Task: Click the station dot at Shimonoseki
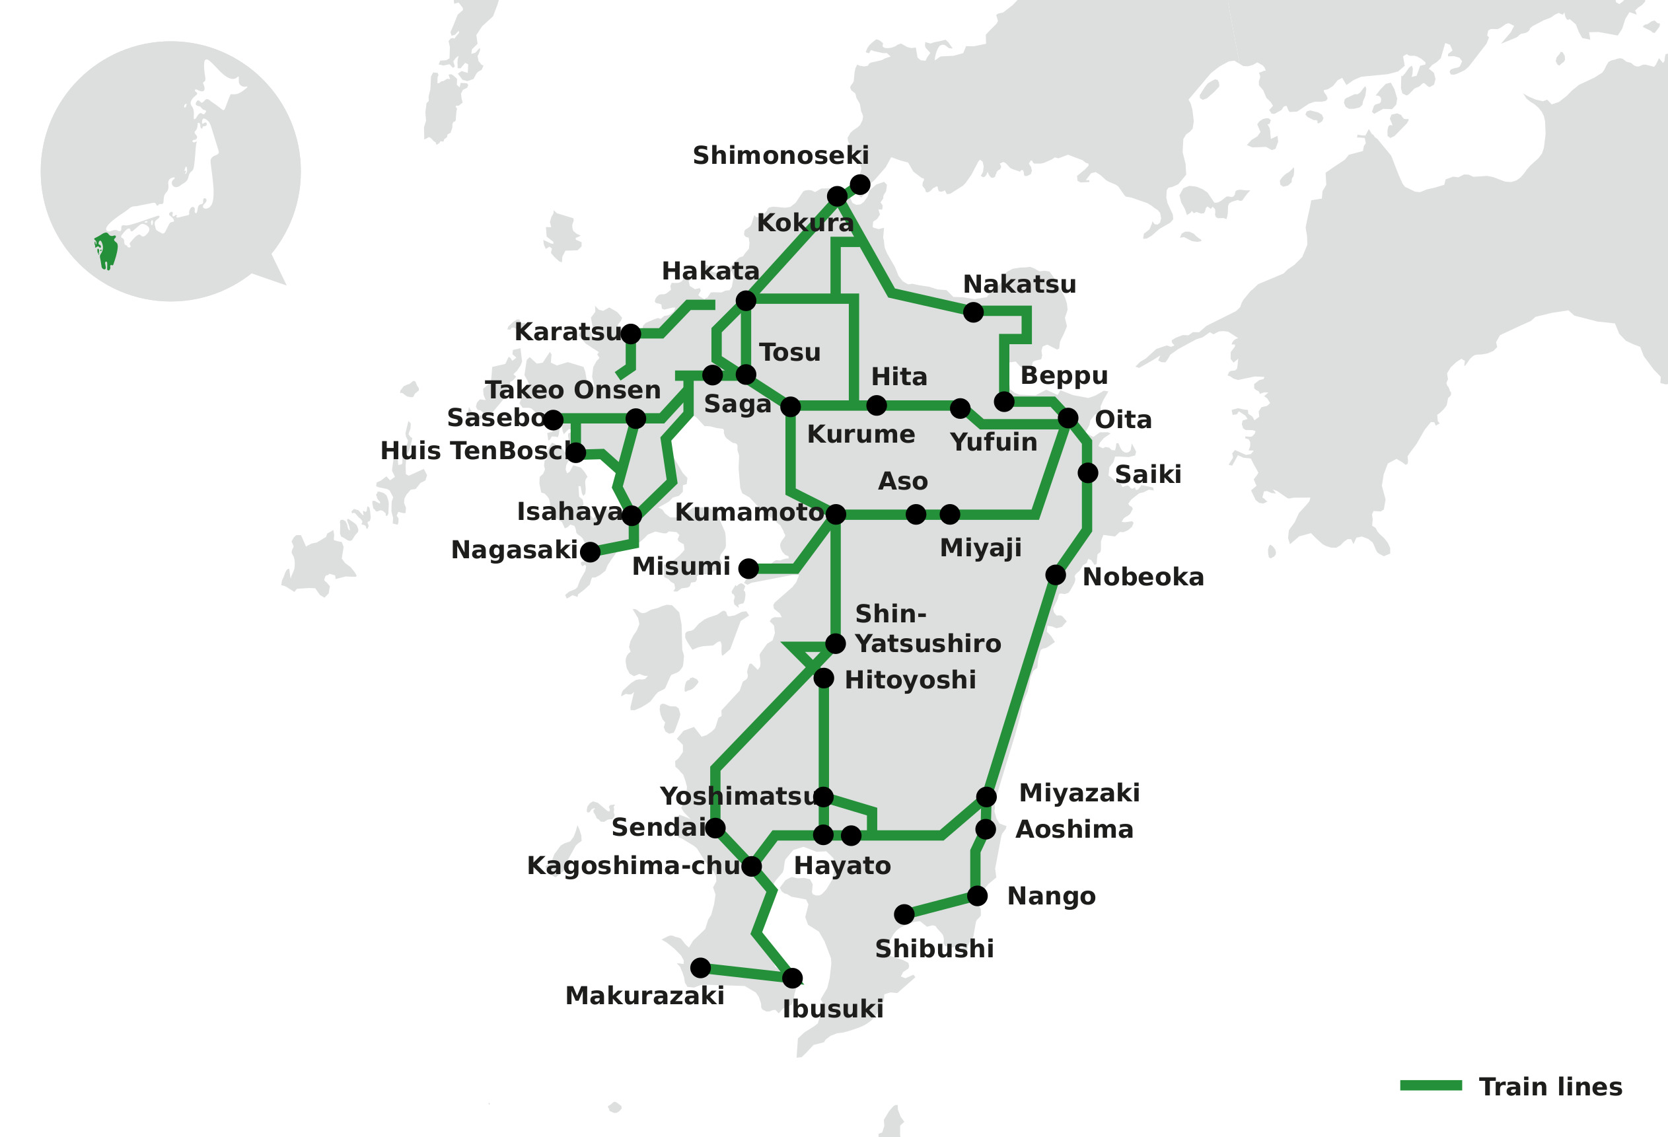pos(860,184)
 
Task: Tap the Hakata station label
pos(710,272)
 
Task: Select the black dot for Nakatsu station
pos(973,312)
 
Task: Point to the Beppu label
pos(1064,375)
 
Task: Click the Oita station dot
pos(1068,418)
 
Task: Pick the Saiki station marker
pos(1088,473)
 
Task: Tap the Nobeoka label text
pos(1143,577)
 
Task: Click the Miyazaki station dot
pos(986,797)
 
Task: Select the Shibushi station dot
pos(904,914)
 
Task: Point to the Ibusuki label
pos(832,1009)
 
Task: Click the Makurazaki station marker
pos(700,969)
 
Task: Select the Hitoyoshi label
pos(910,680)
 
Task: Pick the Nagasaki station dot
pos(590,552)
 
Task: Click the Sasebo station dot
pos(553,420)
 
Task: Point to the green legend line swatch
pos(1430,1085)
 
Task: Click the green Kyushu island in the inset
pos(107,250)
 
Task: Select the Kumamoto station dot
pos(836,514)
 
